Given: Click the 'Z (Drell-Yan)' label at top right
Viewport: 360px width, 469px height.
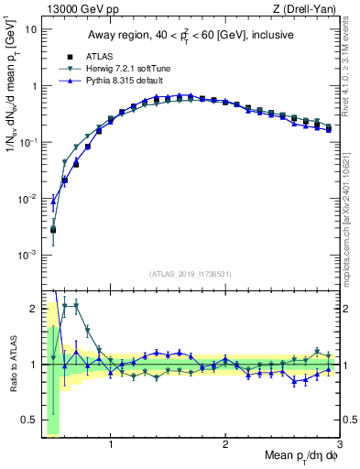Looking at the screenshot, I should (310, 10).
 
